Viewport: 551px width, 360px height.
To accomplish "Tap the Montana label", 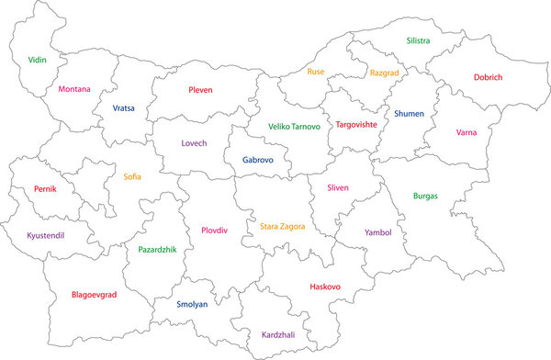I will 74,89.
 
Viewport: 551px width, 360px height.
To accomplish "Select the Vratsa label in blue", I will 123,107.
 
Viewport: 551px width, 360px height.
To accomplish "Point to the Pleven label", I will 200,90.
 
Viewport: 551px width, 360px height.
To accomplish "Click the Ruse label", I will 316,71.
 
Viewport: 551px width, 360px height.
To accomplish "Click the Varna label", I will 467,132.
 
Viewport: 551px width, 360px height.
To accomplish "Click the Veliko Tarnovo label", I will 294,126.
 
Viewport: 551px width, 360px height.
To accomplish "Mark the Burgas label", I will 425,196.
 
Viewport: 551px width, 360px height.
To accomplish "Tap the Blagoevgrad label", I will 95,295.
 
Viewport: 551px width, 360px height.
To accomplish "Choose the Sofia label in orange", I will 132,176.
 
